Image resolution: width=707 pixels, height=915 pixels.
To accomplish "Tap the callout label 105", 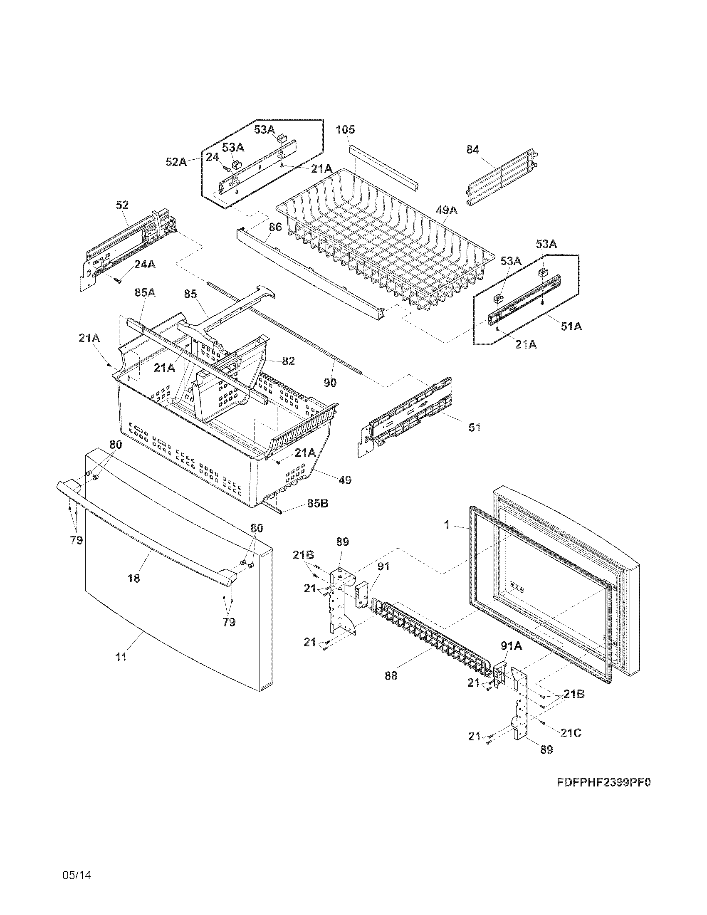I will [346, 130].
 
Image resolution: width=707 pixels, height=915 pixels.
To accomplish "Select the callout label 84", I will [472, 150].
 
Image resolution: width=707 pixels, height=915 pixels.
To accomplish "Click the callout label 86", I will [275, 228].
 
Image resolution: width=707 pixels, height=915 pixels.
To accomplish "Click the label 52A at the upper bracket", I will [176, 162].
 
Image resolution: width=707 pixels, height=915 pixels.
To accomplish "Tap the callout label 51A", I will [571, 326].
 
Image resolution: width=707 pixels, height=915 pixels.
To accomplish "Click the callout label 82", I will [288, 361].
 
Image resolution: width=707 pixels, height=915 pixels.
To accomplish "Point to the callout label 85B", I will [317, 503].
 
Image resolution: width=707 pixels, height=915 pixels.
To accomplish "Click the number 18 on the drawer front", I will [134, 578].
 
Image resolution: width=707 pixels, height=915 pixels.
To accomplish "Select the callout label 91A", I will [512, 646].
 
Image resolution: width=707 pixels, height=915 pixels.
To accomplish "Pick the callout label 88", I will [391, 676].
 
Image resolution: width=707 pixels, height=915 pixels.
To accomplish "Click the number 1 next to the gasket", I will [447, 524].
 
